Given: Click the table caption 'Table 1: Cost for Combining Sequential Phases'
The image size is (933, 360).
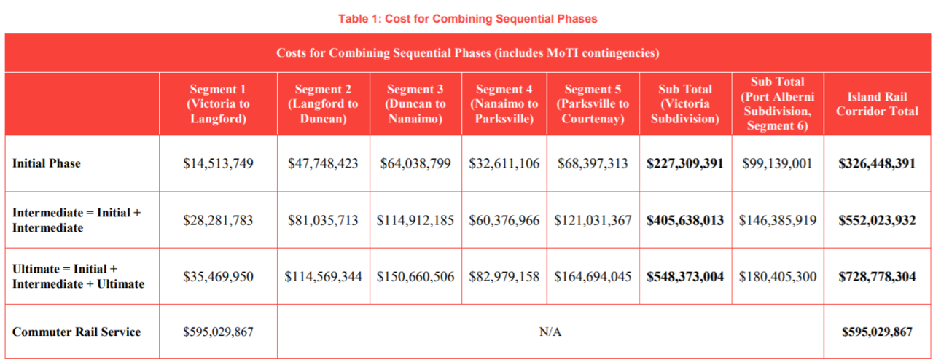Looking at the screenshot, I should click(x=467, y=19).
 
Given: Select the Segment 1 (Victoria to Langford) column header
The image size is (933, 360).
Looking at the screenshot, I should click(x=218, y=104).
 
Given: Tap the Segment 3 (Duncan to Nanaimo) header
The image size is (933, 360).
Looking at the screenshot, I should click(x=415, y=104).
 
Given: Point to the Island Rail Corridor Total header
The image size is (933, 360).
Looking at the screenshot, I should click(x=877, y=104).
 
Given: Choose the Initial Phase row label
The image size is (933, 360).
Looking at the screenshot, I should click(x=47, y=163).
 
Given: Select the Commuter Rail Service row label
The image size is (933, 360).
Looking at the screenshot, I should click(x=77, y=332).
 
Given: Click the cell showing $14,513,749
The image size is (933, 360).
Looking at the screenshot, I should click(x=218, y=163).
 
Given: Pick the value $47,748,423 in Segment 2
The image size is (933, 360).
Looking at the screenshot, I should click(x=323, y=163).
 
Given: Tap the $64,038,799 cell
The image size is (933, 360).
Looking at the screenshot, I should click(x=415, y=163).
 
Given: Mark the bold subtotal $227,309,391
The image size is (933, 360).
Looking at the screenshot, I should click(x=685, y=163).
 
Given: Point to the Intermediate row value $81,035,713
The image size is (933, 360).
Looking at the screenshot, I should click(x=323, y=220).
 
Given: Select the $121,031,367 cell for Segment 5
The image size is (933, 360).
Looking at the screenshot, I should click(x=592, y=220).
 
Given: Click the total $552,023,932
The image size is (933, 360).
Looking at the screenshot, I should click(x=877, y=220).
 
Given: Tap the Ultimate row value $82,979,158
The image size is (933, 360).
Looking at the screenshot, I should click(x=504, y=277).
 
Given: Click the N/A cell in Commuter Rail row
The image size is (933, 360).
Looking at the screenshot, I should click(x=550, y=332).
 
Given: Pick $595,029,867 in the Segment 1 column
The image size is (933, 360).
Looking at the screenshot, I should click(x=218, y=332).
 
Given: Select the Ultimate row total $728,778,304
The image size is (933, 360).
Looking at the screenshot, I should click(x=877, y=277).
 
